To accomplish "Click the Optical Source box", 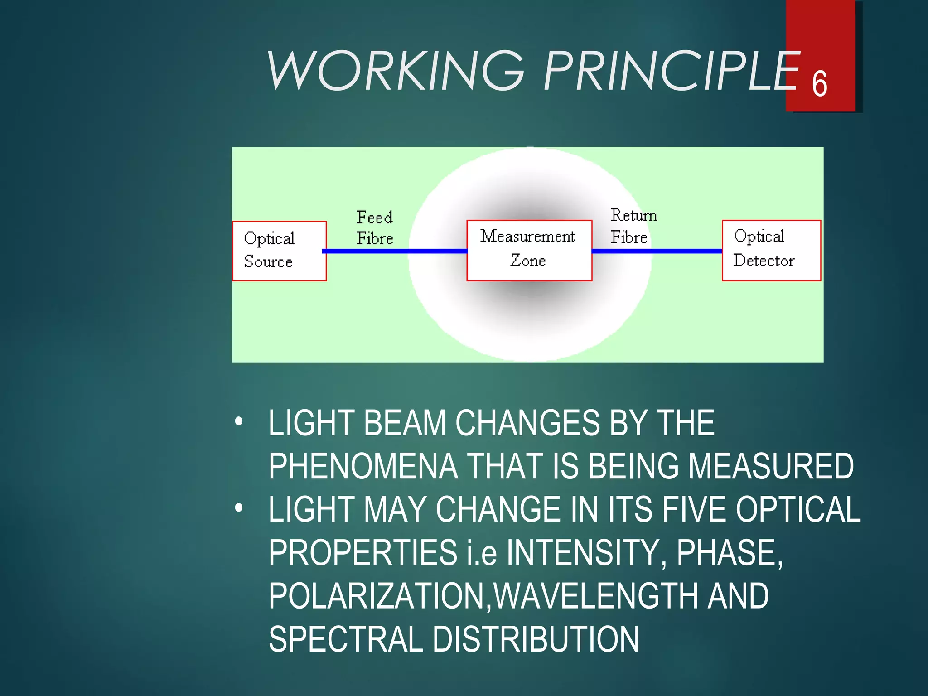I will tap(279, 251).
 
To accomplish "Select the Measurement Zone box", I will tap(529, 250).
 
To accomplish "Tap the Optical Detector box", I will tap(771, 250).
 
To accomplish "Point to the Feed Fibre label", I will tap(374, 228).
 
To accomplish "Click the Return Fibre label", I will tap(633, 226).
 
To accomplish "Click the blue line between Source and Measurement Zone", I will tap(394, 251).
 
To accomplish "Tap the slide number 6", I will tap(819, 84).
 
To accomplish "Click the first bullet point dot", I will tap(239, 421).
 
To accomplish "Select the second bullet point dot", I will tap(239, 508).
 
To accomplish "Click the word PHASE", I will tap(729, 552).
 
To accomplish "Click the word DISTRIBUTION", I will tap(536, 639).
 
